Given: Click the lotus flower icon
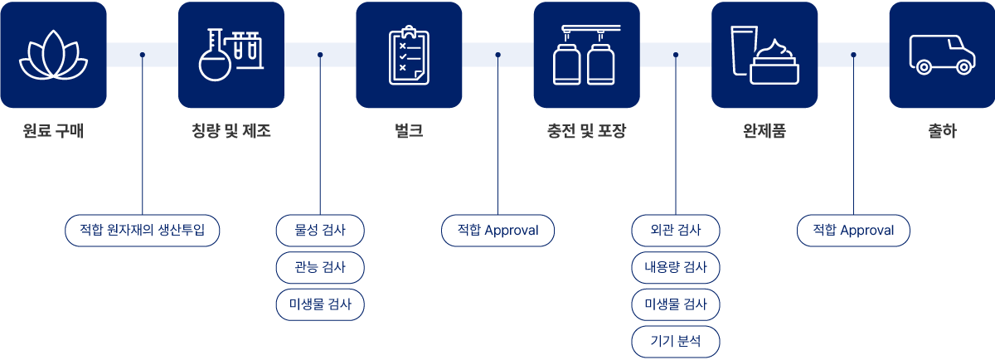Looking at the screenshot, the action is [x=53, y=55].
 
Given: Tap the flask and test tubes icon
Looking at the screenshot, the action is [x=231, y=55].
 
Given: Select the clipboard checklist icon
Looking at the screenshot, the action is [x=409, y=55].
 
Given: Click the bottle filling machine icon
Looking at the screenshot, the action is [x=586, y=55].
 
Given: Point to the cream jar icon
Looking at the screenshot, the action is [x=764, y=55].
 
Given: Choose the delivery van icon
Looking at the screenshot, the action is [x=942, y=55].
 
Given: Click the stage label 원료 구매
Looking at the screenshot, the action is [x=53, y=131].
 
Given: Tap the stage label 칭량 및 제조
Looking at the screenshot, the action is [x=231, y=131].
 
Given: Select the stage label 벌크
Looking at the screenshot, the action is [x=409, y=131].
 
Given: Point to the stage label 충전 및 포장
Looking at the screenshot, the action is [x=586, y=131].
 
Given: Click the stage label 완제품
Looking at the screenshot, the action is [x=764, y=131].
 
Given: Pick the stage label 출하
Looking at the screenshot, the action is [x=942, y=131].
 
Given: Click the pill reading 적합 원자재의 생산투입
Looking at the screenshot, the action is [x=143, y=230].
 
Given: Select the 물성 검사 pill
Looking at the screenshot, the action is [x=320, y=230].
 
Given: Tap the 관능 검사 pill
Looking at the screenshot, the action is [x=320, y=267].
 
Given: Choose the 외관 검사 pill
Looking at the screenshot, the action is [x=676, y=230].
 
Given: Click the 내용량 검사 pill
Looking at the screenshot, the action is [x=676, y=267].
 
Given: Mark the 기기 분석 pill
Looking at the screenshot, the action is [x=676, y=341].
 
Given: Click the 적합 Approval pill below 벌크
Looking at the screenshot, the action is [x=498, y=230].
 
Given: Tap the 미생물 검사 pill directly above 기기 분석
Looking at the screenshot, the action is [x=676, y=304].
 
